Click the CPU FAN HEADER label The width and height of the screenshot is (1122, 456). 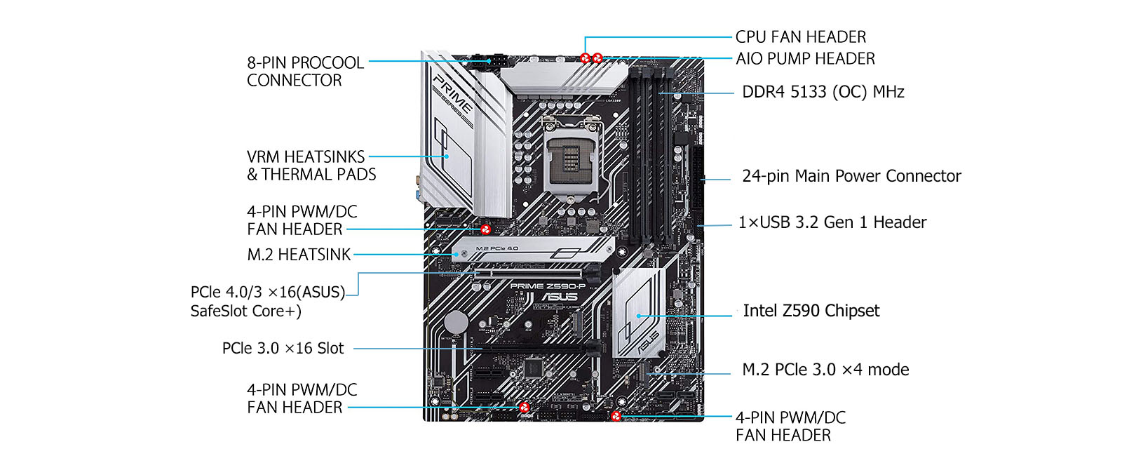pos(800,36)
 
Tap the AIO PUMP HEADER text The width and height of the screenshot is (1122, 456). pos(805,59)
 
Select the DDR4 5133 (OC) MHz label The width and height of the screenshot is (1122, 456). pos(823,92)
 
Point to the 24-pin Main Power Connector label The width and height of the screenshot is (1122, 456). pos(851,176)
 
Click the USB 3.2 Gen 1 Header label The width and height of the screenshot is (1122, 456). pos(832,222)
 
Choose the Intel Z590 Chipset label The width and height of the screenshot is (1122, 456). pos(811,311)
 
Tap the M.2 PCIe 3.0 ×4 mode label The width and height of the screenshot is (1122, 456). pos(825,370)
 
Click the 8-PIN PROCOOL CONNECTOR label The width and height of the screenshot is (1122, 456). pos(305,72)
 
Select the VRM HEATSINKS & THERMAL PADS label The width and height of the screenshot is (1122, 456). pos(311,166)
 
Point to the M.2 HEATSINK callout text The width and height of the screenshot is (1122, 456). pos(299,255)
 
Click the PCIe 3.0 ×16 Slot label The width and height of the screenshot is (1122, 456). pos(283,348)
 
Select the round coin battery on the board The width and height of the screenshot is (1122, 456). pos(457,323)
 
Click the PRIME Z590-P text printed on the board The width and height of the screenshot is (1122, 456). pos(548,286)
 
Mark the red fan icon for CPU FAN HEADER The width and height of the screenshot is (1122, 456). pos(586,58)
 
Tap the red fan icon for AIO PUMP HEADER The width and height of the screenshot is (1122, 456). pos(597,58)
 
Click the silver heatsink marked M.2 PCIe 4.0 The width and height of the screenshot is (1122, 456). pos(533,250)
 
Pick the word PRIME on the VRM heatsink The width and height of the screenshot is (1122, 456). pos(450,90)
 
